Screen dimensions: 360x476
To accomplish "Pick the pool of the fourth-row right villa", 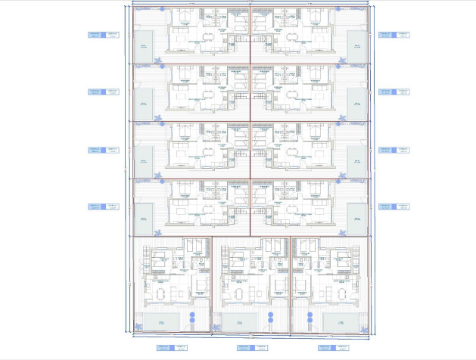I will coord(356,217).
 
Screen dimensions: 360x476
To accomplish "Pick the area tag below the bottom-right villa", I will coord(325,349).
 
